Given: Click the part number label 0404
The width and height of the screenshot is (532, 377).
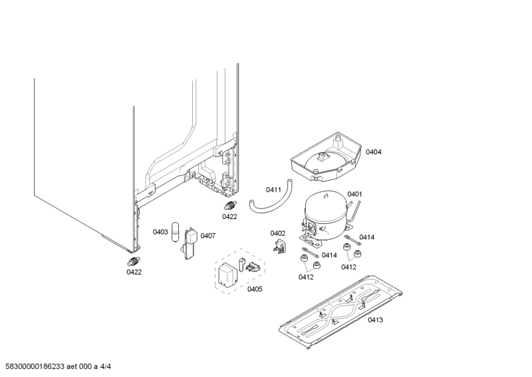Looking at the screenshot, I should click(374, 152).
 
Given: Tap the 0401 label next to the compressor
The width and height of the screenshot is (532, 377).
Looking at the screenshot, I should click(354, 194).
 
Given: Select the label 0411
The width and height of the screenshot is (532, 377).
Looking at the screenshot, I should click(273, 190).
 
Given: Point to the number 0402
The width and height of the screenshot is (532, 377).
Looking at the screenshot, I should click(277, 232).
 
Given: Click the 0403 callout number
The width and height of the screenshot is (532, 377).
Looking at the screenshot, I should click(160, 232).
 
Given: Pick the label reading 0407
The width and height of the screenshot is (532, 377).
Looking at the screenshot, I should click(208, 236).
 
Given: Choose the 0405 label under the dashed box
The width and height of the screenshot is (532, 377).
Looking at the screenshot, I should click(255, 288).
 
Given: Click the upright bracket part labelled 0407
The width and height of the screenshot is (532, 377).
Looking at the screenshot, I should click(190, 243).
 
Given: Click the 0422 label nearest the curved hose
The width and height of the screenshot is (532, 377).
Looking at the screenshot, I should click(230, 216).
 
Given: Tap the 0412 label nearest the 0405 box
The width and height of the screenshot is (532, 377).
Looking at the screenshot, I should click(306, 277).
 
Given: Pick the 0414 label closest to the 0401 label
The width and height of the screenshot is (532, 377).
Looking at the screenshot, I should click(367, 237).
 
